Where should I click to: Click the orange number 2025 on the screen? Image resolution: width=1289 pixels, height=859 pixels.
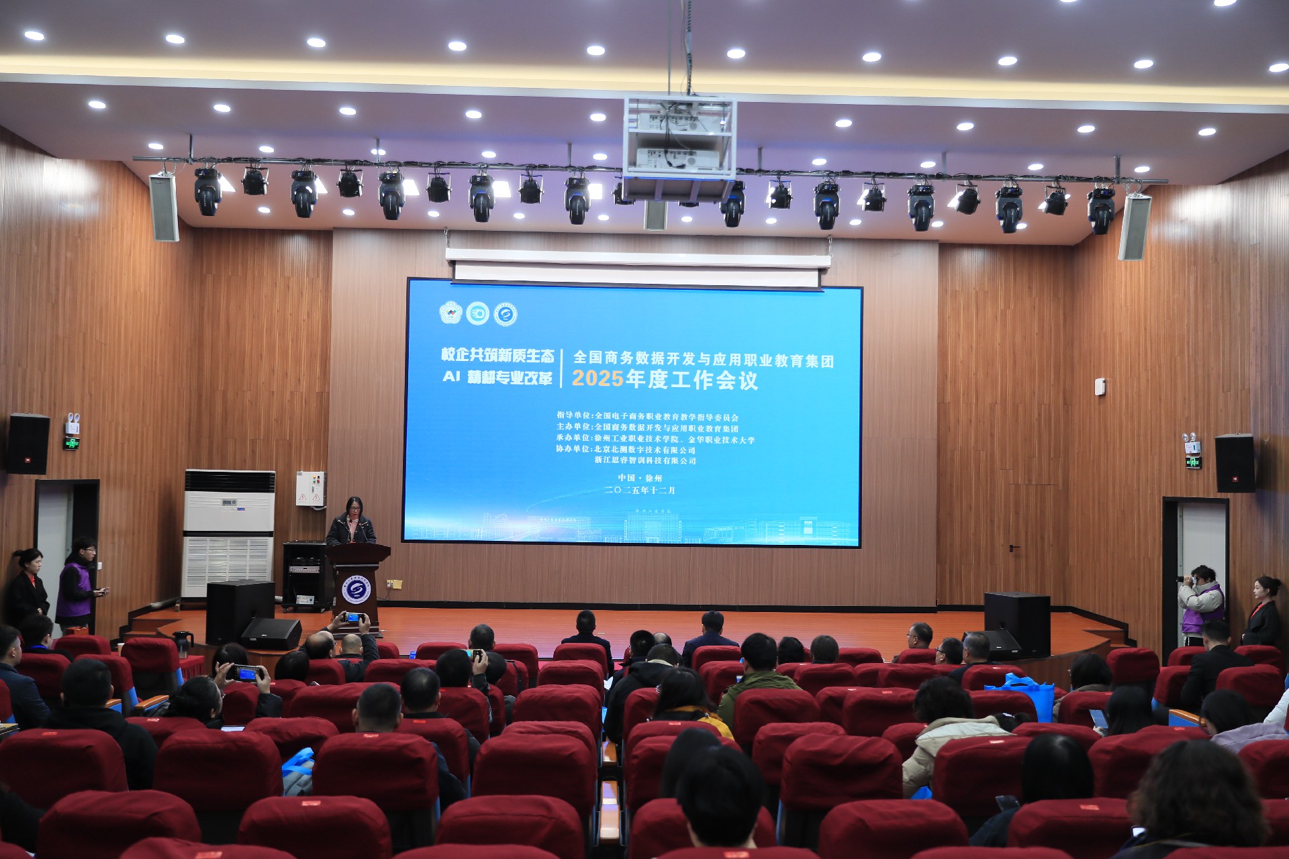pos(597,378)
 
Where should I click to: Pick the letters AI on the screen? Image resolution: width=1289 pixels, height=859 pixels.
pos(451,376)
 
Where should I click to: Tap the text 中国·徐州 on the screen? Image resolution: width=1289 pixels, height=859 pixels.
pos(640,478)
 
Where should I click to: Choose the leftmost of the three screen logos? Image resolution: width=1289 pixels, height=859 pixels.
pos(450,313)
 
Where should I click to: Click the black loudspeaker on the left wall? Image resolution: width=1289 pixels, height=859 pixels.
pos(28,444)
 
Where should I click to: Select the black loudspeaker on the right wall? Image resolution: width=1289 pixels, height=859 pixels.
pos(1234,463)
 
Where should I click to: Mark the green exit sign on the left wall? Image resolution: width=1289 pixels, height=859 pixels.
pos(71,443)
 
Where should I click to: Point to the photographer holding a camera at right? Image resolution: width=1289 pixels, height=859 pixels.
pos(1201,601)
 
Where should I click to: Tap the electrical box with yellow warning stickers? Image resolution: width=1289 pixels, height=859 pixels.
pos(311,489)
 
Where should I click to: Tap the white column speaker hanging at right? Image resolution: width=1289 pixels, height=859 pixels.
pos(1134,226)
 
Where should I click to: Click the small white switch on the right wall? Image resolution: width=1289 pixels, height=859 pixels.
pos(1100,387)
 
